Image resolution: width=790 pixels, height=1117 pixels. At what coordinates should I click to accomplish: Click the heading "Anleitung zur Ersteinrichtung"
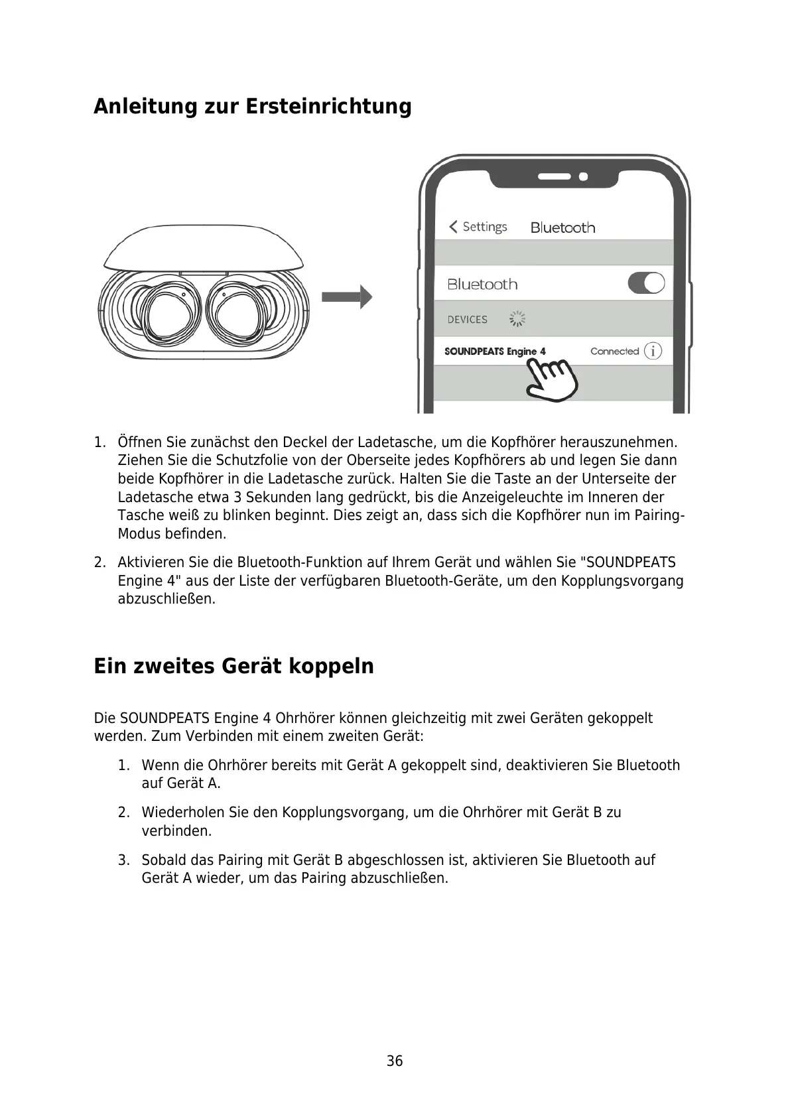tap(252, 106)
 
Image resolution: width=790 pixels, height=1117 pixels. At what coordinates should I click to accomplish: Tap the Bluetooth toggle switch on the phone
tap(645, 283)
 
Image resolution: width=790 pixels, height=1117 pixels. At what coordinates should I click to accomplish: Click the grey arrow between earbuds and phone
tap(346, 296)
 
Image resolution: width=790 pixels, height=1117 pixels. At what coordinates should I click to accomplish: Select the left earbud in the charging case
tap(161, 312)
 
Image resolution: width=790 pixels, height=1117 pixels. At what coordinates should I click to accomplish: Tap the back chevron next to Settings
tap(453, 227)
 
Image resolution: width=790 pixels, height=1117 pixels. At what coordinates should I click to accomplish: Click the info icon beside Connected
tap(653, 351)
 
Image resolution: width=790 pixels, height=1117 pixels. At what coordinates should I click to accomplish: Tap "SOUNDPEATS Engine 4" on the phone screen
tap(495, 351)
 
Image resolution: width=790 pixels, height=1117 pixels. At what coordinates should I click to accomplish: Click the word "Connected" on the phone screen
tap(614, 351)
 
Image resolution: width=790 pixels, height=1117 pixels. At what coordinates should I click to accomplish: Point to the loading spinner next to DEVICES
tap(517, 319)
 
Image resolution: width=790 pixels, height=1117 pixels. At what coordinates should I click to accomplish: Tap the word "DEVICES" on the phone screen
tap(467, 320)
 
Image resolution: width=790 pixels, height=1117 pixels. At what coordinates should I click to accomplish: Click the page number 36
tap(395, 1061)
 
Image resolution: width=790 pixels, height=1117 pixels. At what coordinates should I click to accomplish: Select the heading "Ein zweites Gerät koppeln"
tap(233, 665)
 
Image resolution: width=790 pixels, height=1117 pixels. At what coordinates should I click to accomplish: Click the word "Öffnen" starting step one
tap(138, 442)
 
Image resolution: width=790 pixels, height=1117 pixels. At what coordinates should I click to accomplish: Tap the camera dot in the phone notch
tap(583, 177)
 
